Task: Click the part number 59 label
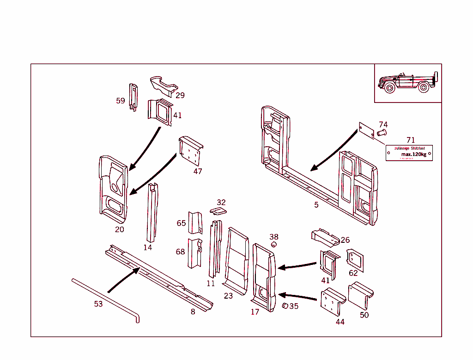(120, 101)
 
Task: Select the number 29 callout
(180, 95)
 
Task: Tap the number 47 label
(198, 171)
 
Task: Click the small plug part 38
(273, 244)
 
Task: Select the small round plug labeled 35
(285, 306)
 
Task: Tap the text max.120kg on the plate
(413, 154)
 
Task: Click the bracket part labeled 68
(194, 252)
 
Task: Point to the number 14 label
(147, 247)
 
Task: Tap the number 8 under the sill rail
(193, 312)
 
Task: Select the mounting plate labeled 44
(333, 302)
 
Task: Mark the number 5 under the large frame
(316, 205)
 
